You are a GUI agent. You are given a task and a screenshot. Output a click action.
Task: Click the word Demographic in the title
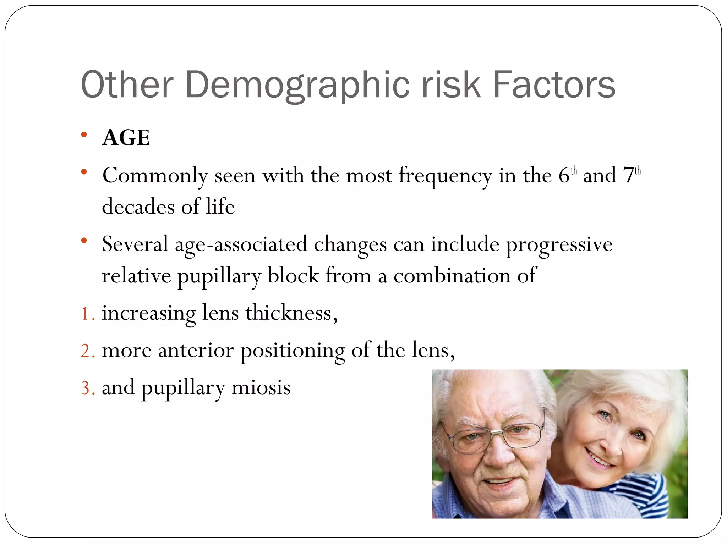tap(297, 85)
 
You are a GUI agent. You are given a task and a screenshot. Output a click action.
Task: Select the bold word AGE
tap(126, 138)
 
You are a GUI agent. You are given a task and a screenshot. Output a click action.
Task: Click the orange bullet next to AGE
tap(84, 135)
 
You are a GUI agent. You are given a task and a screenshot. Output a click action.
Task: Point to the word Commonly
tap(155, 176)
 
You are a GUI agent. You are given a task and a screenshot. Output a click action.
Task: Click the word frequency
tap(445, 176)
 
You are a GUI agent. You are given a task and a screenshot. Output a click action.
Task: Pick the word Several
tap(135, 245)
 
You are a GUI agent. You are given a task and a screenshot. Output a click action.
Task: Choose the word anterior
tap(196, 351)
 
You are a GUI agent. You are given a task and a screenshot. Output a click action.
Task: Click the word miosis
tap(261, 388)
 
